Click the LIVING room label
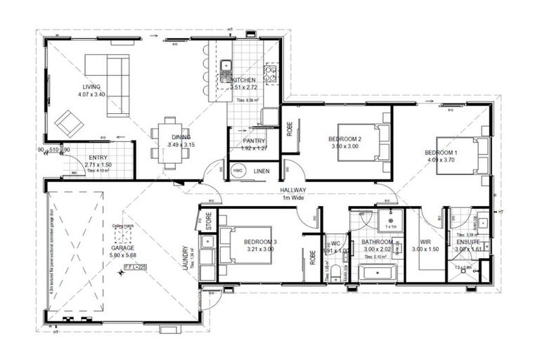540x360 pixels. click(x=92, y=86)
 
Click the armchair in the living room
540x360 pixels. click(x=69, y=124)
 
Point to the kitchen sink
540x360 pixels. click(x=226, y=68)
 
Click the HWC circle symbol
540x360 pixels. click(x=238, y=171)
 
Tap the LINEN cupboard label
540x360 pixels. click(x=262, y=171)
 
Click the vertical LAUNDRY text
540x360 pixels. click(x=185, y=261)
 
